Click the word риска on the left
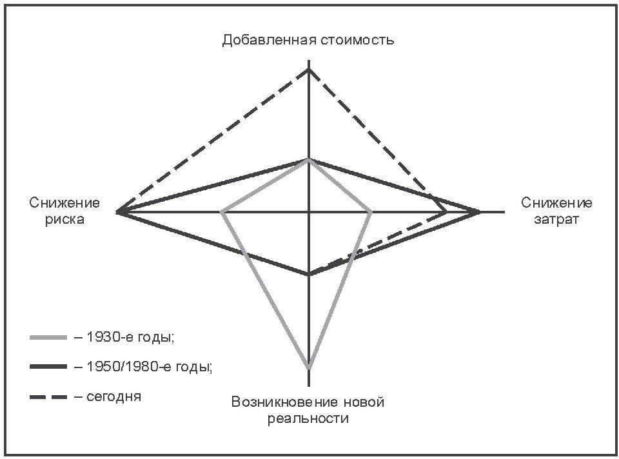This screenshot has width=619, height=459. pos(64,219)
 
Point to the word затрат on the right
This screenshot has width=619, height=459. pos(556,219)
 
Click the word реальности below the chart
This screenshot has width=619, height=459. pos(308,419)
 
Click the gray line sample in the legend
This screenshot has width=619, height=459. pos(48,337)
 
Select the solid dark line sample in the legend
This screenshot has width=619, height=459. pos(48,367)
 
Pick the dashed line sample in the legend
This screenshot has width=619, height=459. pos(48,396)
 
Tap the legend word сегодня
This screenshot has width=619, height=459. pos(112,396)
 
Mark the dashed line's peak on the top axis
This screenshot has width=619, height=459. pos(309,68)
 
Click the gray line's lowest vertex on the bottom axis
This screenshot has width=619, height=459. pos(309,367)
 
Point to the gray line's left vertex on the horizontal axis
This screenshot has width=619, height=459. pos(222,211)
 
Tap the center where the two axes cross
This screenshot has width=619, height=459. pos(309,211)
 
